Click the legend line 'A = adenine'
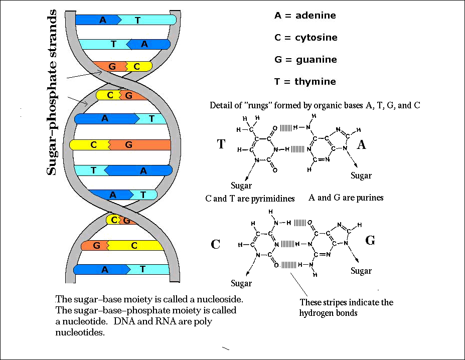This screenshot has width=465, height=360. [305, 16]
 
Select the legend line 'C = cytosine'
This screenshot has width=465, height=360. [305, 38]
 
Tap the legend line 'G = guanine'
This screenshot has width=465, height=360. [305, 60]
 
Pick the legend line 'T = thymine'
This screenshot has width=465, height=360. [305, 82]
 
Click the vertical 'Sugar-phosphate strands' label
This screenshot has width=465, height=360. [53, 95]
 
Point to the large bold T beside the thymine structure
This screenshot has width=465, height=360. [221, 144]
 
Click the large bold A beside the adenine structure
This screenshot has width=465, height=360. [361, 144]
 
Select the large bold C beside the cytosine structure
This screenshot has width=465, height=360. [216, 244]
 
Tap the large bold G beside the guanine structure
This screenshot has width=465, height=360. [370, 241]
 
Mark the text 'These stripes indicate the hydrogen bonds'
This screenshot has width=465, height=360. [346, 307]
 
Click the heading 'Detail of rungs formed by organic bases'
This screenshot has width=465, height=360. [315, 106]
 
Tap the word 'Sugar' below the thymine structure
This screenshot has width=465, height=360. [241, 186]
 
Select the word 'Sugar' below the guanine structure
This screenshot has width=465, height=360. [361, 271]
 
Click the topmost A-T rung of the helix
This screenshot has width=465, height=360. [125, 20]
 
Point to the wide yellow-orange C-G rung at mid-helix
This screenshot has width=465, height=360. [120, 145]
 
